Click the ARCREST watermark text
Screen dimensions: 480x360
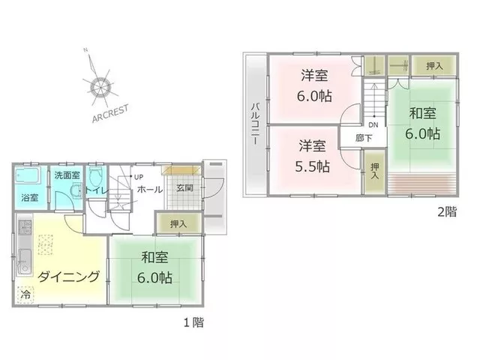click(x=110, y=113)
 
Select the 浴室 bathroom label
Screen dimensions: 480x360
click(x=30, y=198)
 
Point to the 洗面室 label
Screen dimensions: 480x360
click(x=67, y=175)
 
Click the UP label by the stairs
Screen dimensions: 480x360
click(x=139, y=177)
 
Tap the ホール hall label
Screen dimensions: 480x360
click(x=150, y=190)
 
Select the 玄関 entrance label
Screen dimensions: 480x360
click(x=184, y=187)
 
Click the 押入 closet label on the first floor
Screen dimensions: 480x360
click(x=178, y=224)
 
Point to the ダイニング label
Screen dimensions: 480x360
click(x=68, y=277)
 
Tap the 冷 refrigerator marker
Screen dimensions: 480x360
click(x=25, y=295)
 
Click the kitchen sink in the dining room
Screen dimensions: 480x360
click(x=24, y=262)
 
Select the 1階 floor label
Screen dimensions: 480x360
click(x=193, y=322)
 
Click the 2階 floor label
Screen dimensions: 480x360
click(x=447, y=211)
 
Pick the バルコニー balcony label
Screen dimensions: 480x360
click(x=255, y=124)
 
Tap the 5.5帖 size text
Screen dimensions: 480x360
click(x=312, y=166)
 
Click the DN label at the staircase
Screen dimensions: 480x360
click(x=373, y=125)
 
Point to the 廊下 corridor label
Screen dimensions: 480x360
click(x=364, y=138)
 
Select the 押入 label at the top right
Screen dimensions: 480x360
click(x=434, y=66)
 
